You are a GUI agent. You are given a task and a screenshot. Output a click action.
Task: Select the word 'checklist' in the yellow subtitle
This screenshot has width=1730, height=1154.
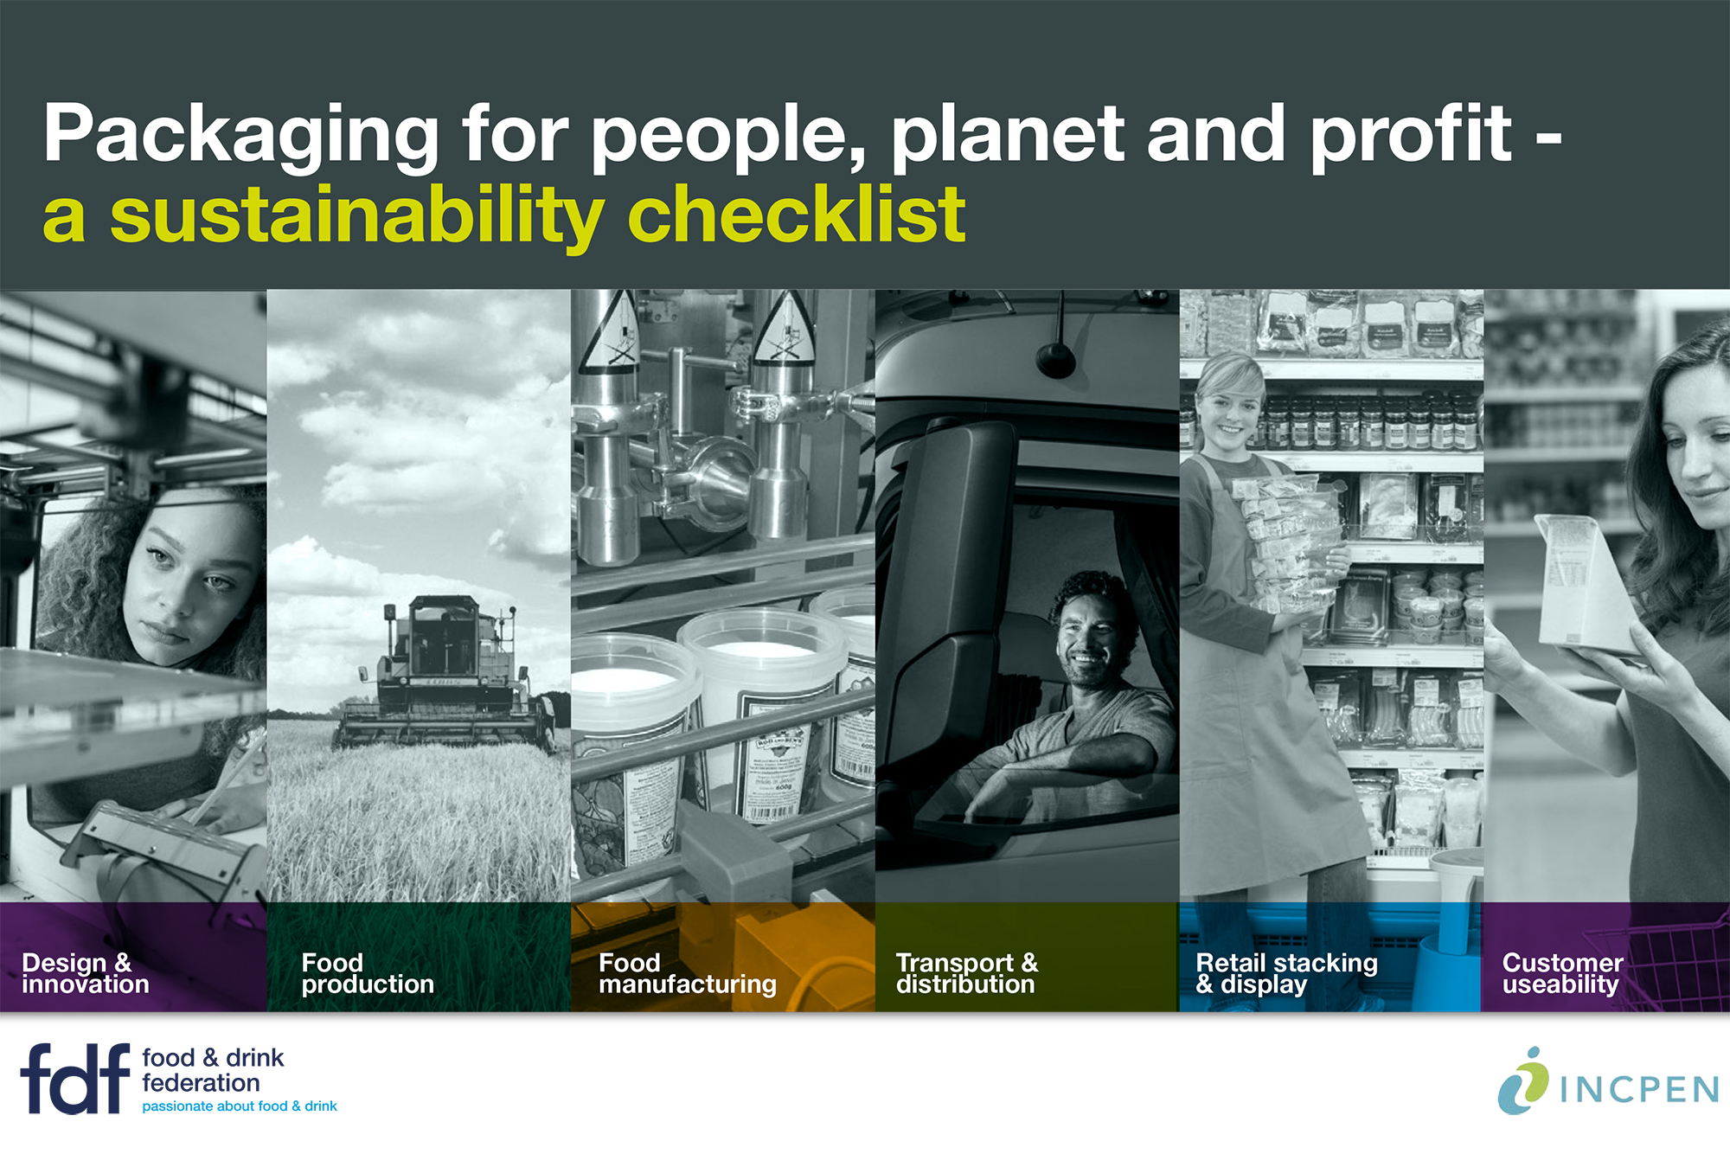[x=797, y=215]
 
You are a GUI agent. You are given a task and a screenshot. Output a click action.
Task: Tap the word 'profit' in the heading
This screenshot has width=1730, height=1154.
[x=1411, y=135]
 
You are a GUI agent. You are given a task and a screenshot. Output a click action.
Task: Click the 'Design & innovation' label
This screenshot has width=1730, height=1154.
[x=85, y=973]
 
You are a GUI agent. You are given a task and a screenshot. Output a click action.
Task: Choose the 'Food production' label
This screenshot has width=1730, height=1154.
[x=367, y=973]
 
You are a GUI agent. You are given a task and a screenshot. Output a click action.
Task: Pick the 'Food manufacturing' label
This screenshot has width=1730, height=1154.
[x=687, y=973]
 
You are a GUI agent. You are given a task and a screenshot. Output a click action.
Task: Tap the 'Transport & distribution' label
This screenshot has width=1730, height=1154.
[x=966, y=973]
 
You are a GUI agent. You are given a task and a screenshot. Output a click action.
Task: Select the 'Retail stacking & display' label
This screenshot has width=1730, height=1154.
[x=1285, y=973]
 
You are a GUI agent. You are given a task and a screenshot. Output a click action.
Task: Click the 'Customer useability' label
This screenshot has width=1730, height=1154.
[x=1562, y=973]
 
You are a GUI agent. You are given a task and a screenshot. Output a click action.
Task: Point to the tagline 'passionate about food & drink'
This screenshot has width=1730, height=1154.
[x=240, y=1106]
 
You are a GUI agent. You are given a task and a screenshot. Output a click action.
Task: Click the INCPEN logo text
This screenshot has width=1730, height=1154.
[x=1638, y=1090]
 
